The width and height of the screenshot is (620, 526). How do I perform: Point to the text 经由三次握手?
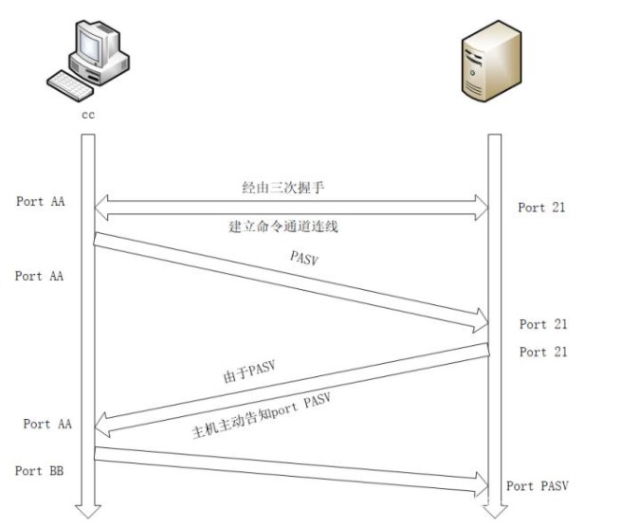click(x=283, y=187)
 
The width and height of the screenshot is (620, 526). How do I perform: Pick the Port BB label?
click(x=39, y=470)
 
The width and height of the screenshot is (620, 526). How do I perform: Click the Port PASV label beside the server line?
click(x=538, y=485)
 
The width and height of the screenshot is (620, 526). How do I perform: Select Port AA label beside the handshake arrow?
click(x=41, y=202)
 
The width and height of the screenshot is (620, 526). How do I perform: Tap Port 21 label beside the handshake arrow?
click(x=541, y=208)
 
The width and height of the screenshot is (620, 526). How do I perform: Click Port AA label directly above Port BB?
click(x=46, y=424)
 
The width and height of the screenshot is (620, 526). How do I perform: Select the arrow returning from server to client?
click(x=284, y=385)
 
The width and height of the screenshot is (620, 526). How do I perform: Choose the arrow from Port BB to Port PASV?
click(x=284, y=470)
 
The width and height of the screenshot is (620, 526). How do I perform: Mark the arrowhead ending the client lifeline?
click(x=88, y=512)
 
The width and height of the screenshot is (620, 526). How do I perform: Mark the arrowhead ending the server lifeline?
click(x=494, y=512)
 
